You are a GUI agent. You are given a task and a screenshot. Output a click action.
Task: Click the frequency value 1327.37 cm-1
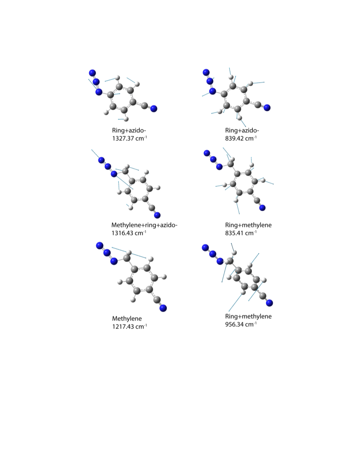(x=130, y=138)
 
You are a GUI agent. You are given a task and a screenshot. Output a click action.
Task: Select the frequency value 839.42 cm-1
(x=241, y=138)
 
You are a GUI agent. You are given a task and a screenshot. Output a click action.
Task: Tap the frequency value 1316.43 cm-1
(x=129, y=233)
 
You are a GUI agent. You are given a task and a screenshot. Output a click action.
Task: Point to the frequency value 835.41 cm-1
(x=241, y=233)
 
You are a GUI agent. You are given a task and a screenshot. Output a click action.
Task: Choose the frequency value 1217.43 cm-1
(x=130, y=326)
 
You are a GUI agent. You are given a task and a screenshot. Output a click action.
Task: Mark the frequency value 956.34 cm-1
(x=241, y=324)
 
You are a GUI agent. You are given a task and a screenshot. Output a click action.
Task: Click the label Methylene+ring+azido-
(x=144, y=225)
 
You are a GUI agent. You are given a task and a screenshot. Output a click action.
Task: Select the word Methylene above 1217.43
(x=127, y=319)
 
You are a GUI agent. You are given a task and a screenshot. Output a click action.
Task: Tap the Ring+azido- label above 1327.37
(x=129, y=130)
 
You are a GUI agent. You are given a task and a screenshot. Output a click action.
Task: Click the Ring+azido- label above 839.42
(x=242, y=130)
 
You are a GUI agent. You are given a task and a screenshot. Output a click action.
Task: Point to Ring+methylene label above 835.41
(x=248, y=225)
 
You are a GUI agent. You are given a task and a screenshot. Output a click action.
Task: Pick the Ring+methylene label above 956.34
(x=248, y=316)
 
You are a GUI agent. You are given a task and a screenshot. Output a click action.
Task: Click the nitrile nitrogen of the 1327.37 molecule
(x=154, y=109)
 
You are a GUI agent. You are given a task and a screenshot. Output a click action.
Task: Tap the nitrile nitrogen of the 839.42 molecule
(x=267, y=108)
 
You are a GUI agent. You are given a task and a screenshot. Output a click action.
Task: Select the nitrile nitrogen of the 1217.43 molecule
(x=163, y=308)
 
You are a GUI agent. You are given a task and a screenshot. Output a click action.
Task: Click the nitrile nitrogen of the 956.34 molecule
(x=270, y=303)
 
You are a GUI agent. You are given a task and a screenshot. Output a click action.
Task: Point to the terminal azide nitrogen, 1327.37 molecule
(x=92, y=73)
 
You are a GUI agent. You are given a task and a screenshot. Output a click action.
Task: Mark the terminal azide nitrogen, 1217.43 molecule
(x=100, y=246)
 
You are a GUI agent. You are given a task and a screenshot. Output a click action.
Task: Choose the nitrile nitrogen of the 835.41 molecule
(x=262, y=208)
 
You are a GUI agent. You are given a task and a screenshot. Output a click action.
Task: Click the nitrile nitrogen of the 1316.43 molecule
(x=157, y=215)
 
